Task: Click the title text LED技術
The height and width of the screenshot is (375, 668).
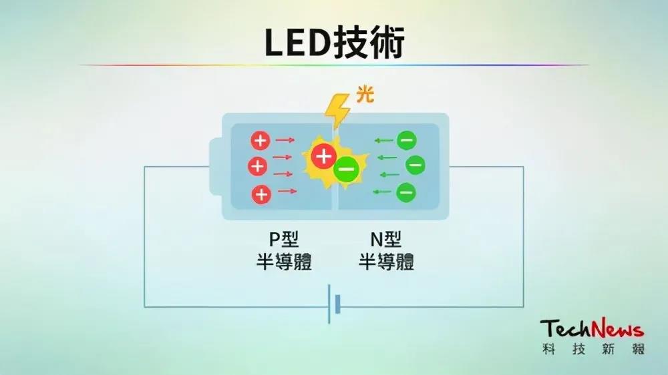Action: (x=335, y=42)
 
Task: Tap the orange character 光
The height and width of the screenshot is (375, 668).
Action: (x=365, y=94)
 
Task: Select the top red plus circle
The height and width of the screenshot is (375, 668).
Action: (x=261, y=141)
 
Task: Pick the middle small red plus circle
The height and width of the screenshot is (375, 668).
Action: (x=258, y=166)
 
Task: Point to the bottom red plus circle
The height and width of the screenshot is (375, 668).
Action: (x=261, y=195)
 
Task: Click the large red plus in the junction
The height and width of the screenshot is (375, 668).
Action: (x=324, y=156)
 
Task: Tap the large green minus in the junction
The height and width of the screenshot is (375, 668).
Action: (x=346, y=169)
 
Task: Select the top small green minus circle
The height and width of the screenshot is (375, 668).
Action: (x=406, y=141)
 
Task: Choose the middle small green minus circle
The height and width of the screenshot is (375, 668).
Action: (x=415, y=165)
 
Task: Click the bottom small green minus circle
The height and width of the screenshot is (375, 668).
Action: (x=406, y=192)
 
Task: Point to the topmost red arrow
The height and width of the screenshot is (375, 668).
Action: (x=285, y=140)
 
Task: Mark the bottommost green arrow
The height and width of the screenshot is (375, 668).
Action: (x=382, y=192)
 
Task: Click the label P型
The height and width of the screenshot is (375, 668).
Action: (x=284, y=240)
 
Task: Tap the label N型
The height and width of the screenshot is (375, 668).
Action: (x=386, y=240)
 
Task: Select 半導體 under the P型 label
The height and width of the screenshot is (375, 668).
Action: (x=284, y=262)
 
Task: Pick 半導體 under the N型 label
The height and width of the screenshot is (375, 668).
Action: (x=386, y=262)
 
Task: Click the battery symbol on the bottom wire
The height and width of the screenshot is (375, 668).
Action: (x=334, y=304)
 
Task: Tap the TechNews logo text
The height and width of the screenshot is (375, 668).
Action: (x=592, y=328)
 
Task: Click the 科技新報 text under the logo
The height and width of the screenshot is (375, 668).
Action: (x=593, y=349)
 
